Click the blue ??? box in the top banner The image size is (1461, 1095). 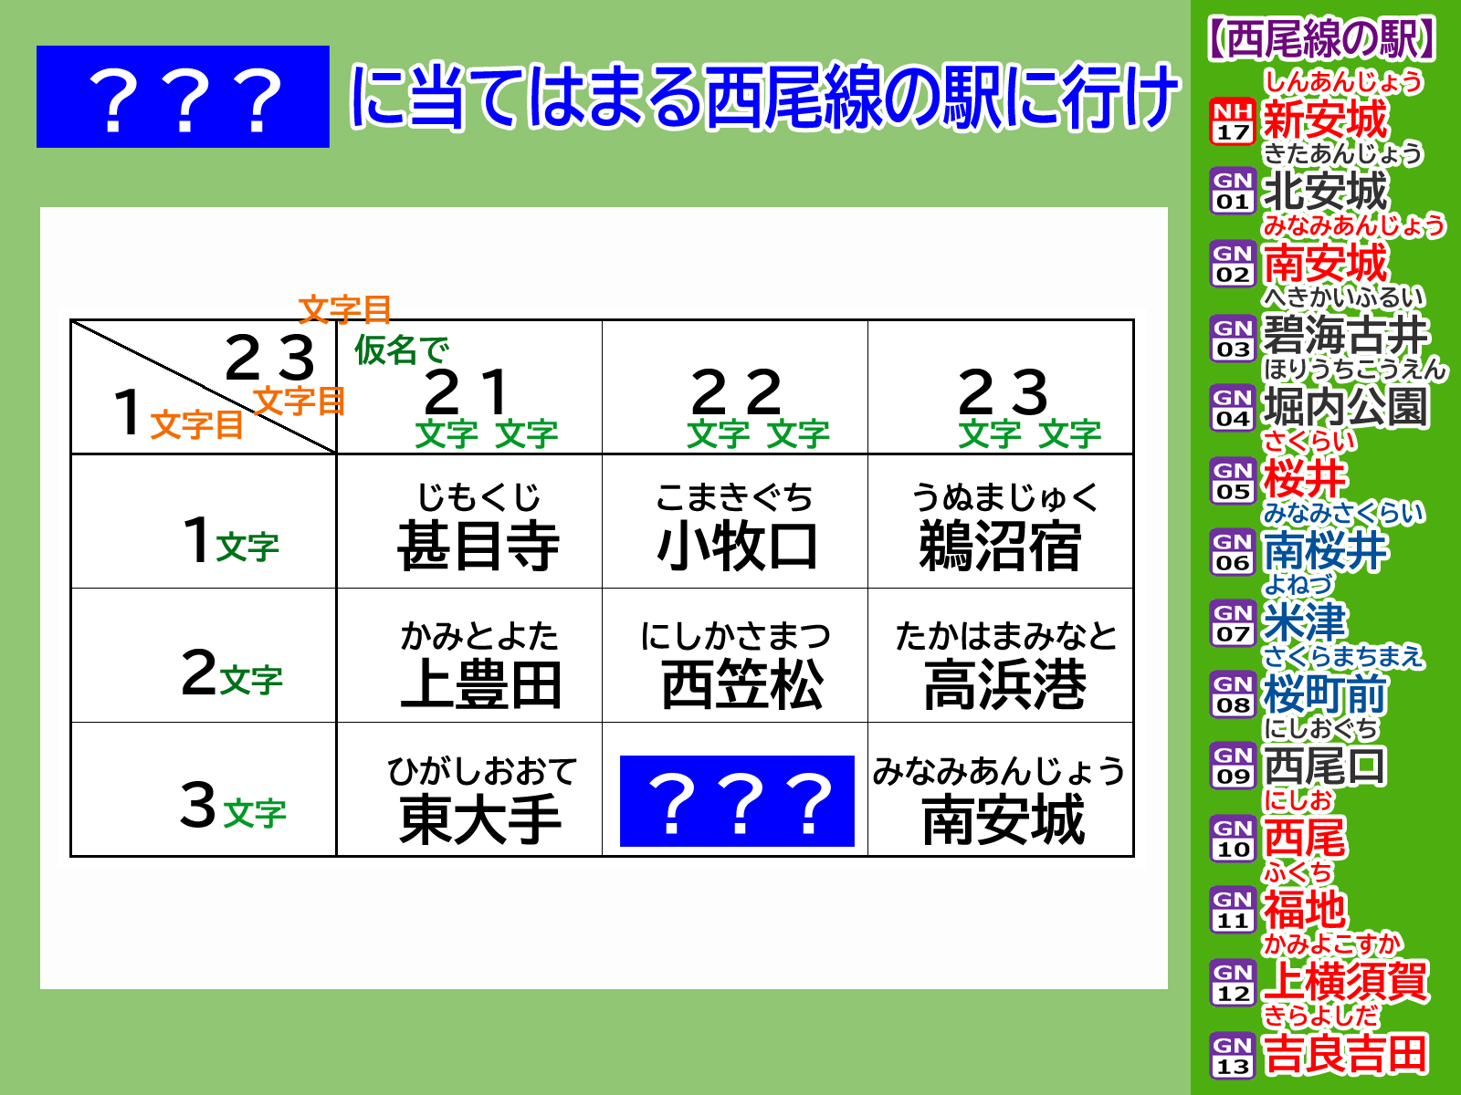183,97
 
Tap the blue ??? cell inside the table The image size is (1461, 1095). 737,800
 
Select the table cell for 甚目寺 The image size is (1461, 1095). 469,522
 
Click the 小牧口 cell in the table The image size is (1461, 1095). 735,522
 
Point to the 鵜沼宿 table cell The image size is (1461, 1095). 1001,522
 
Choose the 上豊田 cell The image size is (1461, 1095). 469,655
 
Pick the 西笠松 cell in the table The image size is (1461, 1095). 735,655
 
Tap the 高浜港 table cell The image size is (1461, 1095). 1001,655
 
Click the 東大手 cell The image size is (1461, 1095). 469,789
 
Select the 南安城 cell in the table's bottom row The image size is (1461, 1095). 1001,789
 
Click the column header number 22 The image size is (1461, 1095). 736,392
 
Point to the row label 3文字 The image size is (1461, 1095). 233,807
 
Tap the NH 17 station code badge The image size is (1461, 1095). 1233,121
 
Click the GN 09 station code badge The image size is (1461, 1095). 1233,766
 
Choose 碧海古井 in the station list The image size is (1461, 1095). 1345,335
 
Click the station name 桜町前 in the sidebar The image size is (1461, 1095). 1325,694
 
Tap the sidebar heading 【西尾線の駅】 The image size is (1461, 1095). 1320,39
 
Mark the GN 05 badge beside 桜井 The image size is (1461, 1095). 1233,481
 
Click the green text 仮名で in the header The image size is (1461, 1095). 402,349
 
